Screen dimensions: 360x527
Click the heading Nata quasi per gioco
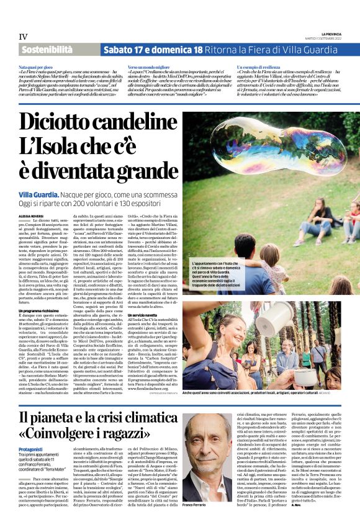[x=34, y=65]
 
